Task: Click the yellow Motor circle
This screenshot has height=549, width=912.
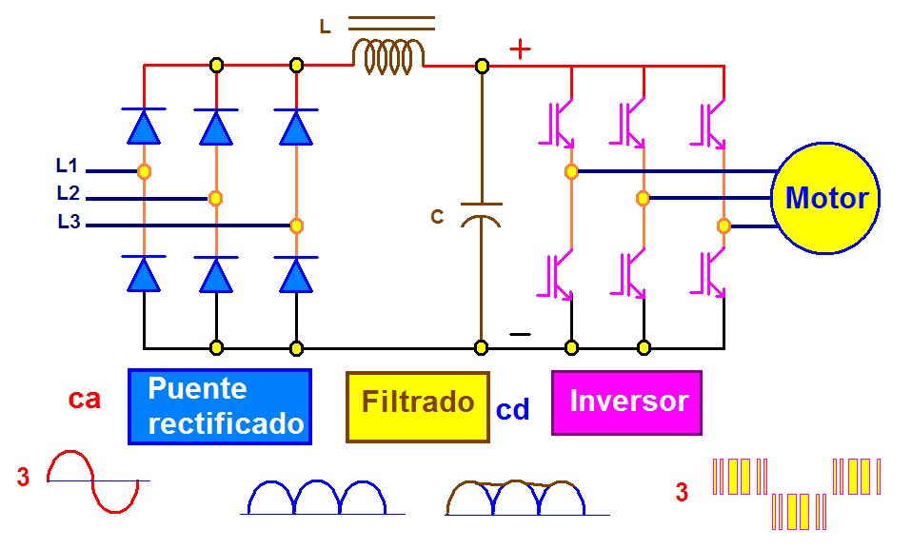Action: (x=824, y=199)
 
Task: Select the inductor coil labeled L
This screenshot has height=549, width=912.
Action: (x=388, y=57)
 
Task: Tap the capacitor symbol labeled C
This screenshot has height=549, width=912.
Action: (x=481, y=213)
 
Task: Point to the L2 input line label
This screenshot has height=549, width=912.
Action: (x=68, y=193)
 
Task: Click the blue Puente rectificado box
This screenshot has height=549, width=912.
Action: (x=220, y=406)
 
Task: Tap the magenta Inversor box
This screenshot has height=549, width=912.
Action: (x=626, y=402)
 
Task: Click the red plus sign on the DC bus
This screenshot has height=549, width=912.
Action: (x=520, y=49)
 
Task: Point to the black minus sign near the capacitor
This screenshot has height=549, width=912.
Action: (x=520, y=334)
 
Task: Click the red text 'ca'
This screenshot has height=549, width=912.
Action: (x=85, y=399)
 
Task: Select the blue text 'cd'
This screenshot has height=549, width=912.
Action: (x=512, y=410)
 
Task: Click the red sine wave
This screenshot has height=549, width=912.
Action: (x=92, y=481)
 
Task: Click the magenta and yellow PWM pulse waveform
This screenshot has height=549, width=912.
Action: (x=798, y=493)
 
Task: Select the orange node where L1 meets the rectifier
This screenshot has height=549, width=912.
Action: (x=144, y=171)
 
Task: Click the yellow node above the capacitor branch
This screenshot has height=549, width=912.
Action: (x=482, y=66)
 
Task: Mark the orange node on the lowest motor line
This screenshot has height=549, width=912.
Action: (x=724, y=225)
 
